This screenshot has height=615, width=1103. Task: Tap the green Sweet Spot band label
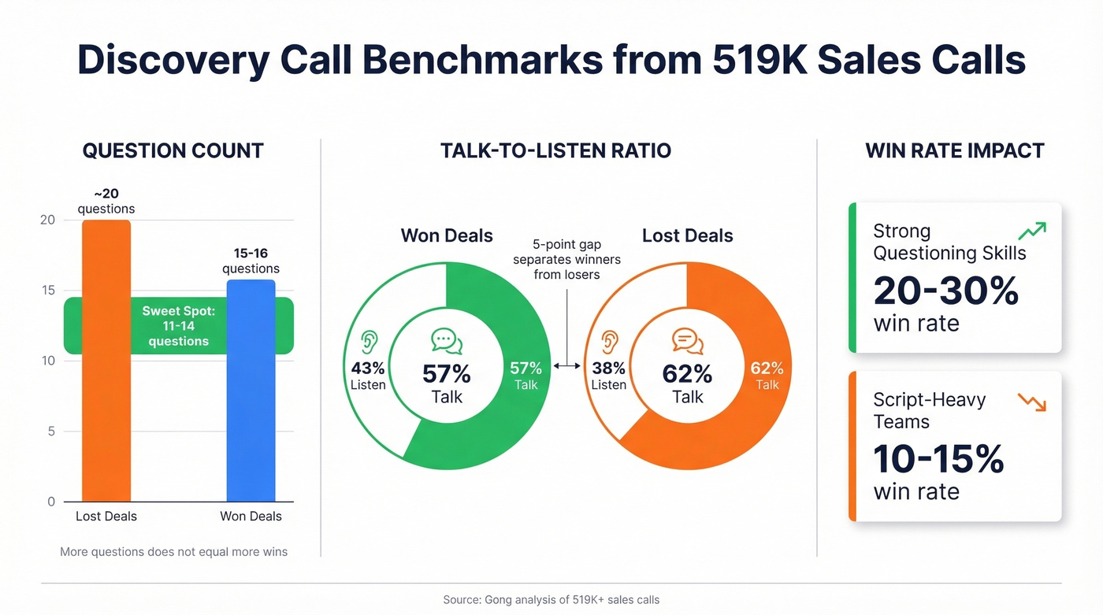pyautogui.click(x=178, y=326)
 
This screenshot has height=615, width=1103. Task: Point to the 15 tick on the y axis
pyautogui.click(x=47, y=291)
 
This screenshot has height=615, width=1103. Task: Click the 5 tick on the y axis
pyautogui.click(x=50, y=432)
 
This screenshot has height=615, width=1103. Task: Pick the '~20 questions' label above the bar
pyautogui.click(x=106, y=202)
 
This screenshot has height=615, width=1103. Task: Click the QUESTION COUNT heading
pyautogui.click(x=173, y=150)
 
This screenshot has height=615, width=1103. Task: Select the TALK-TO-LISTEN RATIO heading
pyautogui.click(x=555, y=150)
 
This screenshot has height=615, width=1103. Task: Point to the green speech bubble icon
pyautogui.click(x=447, y=342)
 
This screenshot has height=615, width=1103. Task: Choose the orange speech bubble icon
pyautogui.click(x=687, y=342)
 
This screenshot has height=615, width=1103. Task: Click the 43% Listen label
pyautogui.click(x=368, y=376)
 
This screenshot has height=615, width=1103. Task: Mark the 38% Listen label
pyautogui.click(x=608, y=376)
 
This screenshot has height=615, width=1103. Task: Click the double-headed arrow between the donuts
pyautogui.click(x=567, y=365)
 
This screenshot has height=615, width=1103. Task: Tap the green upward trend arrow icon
pyautogui.click(x=1031, y=231)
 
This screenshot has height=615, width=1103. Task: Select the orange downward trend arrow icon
pyautogui.click(x=1031, y=402)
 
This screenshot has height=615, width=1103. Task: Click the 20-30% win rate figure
pyautogui.click(x=945, y=291)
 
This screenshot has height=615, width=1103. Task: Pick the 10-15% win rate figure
pyautogui.click(x=938, y=459)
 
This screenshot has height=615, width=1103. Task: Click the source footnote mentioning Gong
pyautogui.click(x=551, y=600)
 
